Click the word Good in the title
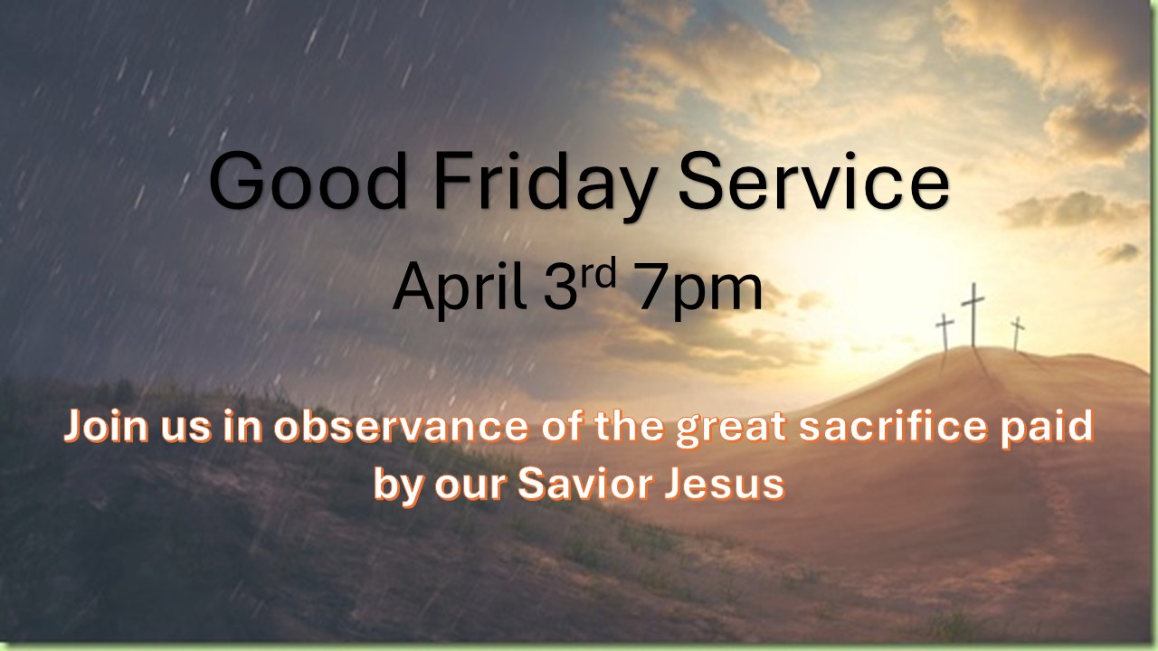[x=307, y=180]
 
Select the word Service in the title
[x=813, y=180]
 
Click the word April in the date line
[x=460, y=288]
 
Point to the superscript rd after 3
[x=598, y=273]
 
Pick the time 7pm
[x=700, y=290]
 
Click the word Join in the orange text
[x=106, y=427]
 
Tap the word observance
[x=401, y=426]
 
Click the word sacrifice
[x=893, y=426]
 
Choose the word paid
[x=1047, y=429]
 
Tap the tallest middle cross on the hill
[x=973, y=316]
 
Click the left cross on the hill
[x=945, y=332]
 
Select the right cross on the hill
[x=1017, y=334]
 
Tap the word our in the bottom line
[x=470, y=486]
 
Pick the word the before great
[x=629, y=426]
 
